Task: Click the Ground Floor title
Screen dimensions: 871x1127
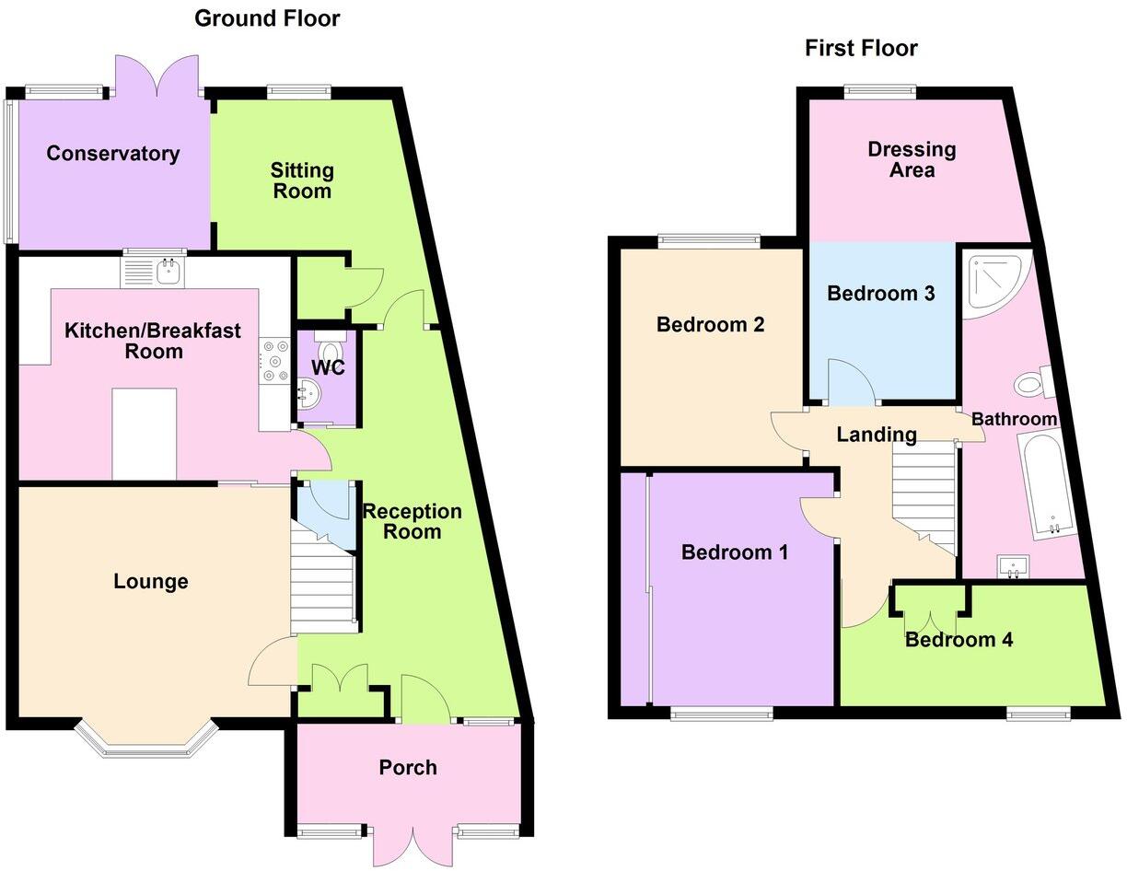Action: point(267,18)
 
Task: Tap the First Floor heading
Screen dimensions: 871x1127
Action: point(861,48)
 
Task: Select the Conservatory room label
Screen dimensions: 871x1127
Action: point(113,153)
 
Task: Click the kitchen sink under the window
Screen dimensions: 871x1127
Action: point(155,271)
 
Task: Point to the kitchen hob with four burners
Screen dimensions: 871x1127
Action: point(274,361)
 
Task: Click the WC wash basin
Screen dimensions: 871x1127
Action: point(307,397)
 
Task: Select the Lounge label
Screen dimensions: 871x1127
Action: point(151,581)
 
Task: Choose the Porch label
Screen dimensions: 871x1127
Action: point(408,767)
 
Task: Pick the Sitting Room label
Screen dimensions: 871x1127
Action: point(302,180)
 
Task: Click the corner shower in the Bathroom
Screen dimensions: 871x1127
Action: point(993,281)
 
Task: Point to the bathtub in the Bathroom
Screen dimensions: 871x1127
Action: point(1046,486)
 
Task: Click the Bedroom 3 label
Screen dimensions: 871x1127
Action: point(881,293)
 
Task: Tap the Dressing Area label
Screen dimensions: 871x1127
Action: point(912,159)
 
